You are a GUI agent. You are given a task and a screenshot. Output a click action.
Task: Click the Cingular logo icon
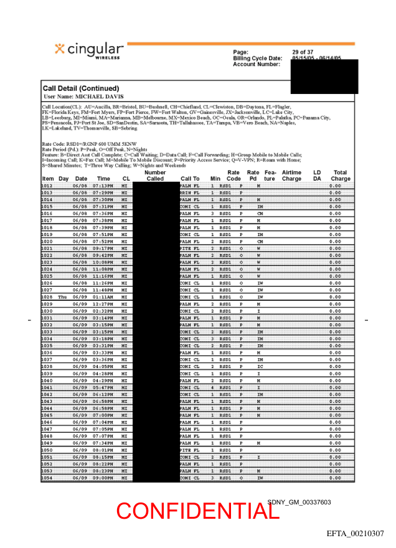pyautogui.click(x=60, y=49)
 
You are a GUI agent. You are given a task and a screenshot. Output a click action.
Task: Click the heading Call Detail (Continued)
pyautogui.click(x=80, y=88)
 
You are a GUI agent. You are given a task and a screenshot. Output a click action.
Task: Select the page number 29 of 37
pyautogui.click(x=303, y=52)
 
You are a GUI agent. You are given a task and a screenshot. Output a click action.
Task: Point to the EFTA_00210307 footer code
pyautogui.click(x=355, y=534)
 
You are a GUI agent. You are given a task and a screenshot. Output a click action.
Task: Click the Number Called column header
pyautogui.click(x=154, y=176)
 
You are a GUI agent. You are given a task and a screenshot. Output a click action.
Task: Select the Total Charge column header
pyautogui.click(x=340, y=176)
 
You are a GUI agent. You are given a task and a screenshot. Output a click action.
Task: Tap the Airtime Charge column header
pyautogui.click(x=291, y=176)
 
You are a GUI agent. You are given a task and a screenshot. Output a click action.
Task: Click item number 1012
pyautogui.click(x=47, y=186)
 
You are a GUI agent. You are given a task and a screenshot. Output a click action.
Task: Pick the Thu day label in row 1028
pyautogui.click(x=62, y=297)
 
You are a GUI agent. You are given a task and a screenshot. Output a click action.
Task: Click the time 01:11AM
pyautogui.click(x=101, y=297)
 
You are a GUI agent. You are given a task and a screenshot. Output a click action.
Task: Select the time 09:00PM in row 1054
pyautogui.click(x=101, y=478)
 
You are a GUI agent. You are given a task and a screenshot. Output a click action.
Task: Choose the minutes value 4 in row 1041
pyautogui.click(x=212, y=387)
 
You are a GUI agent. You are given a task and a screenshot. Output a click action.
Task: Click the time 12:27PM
pyautogui.click(x=101, y=304)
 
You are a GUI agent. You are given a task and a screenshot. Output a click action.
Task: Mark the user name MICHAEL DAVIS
pyautogui.click(x=99, y=97)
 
